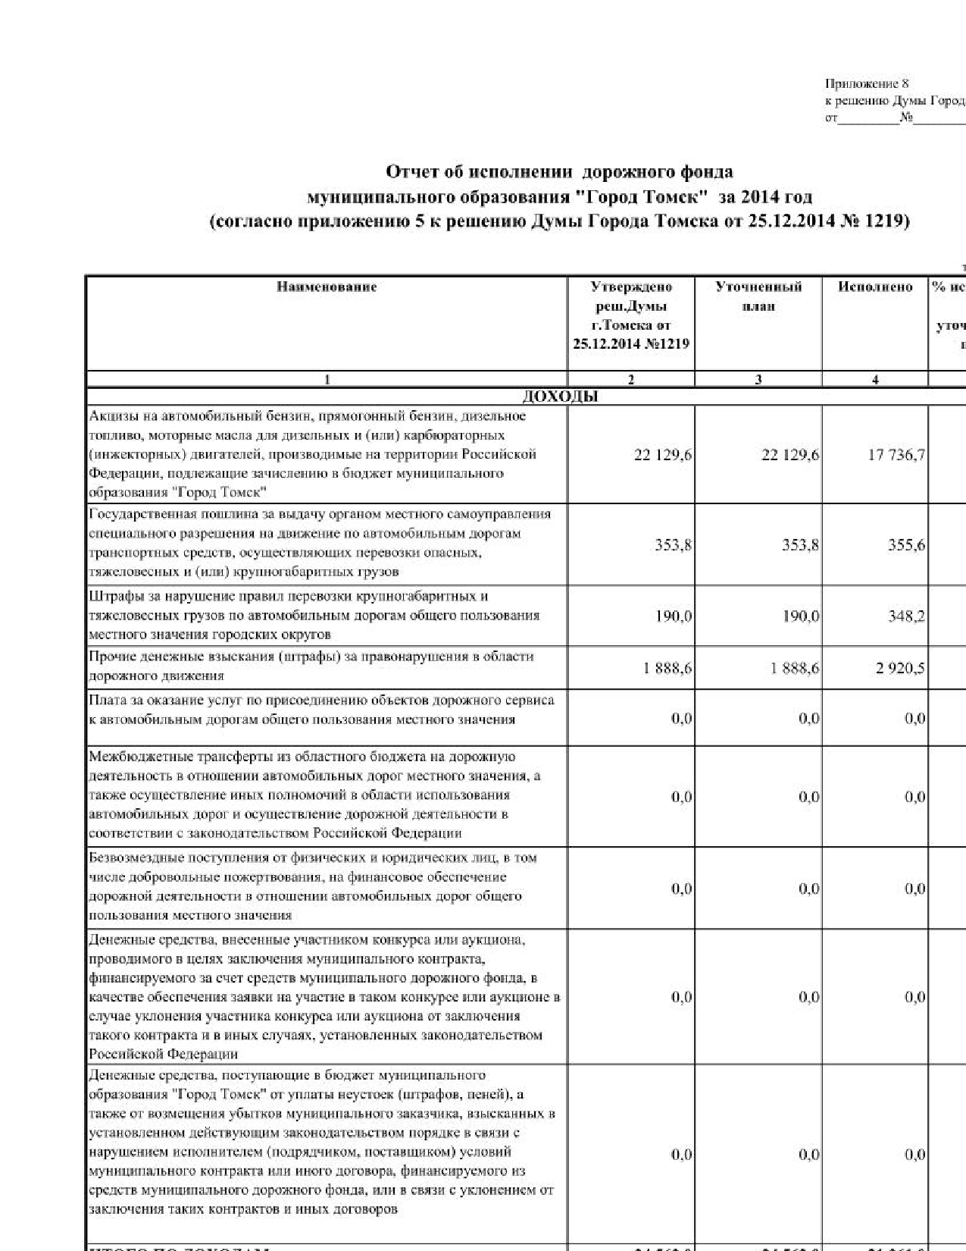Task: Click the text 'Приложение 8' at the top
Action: pos(866,84)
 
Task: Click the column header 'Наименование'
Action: pos(327,287)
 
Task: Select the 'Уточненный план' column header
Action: pos(758,296)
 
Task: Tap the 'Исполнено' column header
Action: pos(875,287)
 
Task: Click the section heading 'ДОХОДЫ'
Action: pos(560,397)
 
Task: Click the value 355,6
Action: pos(906,545)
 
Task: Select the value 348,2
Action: pos(906,616)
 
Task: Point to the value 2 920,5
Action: pos(900,669)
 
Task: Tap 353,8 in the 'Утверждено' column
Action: pos(674,545)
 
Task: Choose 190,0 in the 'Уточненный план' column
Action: pos(801,616)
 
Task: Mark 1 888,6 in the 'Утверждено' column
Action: pos(667,669)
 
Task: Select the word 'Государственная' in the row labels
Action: pos(136,514)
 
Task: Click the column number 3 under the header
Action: pos(758,381)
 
